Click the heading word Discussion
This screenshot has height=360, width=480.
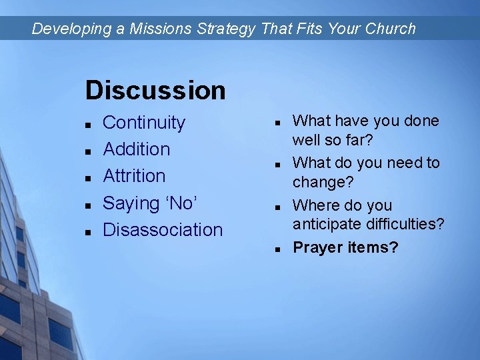(x=155, y=90)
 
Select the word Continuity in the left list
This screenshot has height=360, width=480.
(x=144, y=123)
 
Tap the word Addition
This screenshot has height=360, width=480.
(x=137, y=149)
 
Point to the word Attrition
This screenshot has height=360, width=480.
(x=134, y=176)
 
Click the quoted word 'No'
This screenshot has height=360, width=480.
(x=179, y=203)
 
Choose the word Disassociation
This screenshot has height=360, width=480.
(x=163, y=229)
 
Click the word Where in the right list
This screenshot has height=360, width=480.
(x=313, y=205)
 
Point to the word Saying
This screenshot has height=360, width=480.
(x=131, y=203)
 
